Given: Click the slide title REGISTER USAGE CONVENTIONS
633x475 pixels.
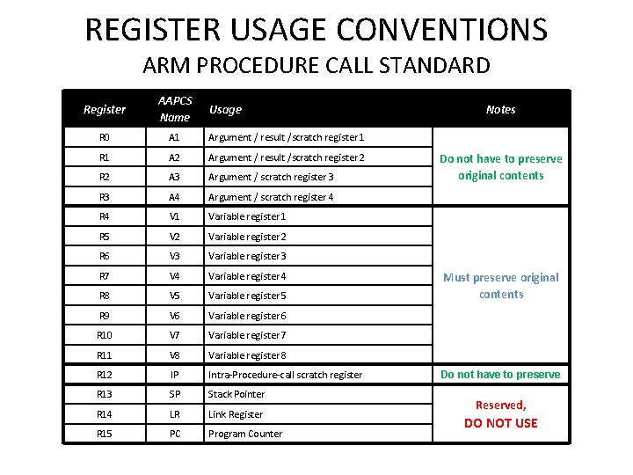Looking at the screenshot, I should coord(316,29).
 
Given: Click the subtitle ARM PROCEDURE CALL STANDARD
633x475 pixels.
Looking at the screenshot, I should coord(316,66).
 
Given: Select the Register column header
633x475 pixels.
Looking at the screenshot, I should coord(105,109).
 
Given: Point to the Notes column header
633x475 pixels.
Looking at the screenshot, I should coord(500,109).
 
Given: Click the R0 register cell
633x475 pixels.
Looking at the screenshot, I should coord(105,137).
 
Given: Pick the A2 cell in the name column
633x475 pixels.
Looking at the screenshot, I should coord(174,157).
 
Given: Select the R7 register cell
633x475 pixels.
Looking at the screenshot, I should coord(105,276).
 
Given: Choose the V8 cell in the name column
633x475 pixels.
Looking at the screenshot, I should coord(174,355).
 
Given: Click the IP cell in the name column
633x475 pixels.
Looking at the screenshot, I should coord(174,375).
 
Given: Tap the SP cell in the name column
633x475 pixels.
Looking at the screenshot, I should coord(174,394).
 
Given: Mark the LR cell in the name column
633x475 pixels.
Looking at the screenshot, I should coord(174,414).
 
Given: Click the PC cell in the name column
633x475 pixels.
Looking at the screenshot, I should coord(174,434).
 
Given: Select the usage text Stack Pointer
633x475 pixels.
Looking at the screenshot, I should coord(236,394).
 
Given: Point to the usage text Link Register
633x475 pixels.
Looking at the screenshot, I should coord(236,414).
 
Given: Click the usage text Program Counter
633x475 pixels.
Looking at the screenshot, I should coord(245,434).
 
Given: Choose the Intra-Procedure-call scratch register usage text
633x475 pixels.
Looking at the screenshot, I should coord(285,375).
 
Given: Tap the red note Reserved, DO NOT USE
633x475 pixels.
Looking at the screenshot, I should coord(500,414).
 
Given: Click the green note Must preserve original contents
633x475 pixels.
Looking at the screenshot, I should coord(500,286).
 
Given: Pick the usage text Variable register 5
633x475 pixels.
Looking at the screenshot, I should coord(247,296).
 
